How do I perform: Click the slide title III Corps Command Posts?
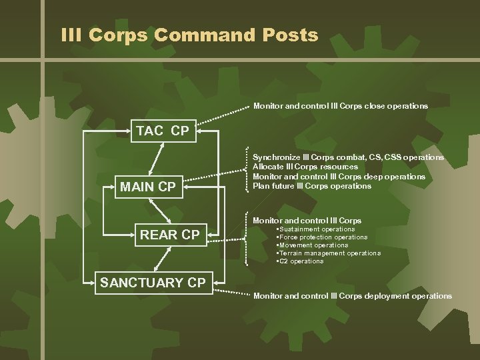point(189,35)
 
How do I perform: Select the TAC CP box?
point(163,131)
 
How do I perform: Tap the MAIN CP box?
point(147,187)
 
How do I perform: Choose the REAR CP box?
point(169,235)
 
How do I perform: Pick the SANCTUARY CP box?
point(153,283)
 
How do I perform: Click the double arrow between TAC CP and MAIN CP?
point(158,159)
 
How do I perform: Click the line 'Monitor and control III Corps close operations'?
point(340,106)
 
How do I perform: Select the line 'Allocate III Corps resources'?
point(305,167)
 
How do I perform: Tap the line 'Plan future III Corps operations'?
point(312,186)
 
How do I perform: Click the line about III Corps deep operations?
point(339,177)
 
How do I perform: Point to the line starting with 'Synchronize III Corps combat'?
point(348,157)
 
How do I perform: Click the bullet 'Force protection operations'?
point(323,237)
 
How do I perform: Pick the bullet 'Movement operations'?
point(311,245)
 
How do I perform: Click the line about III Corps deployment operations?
point(352,296)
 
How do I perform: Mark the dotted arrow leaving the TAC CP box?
point(223,116)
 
